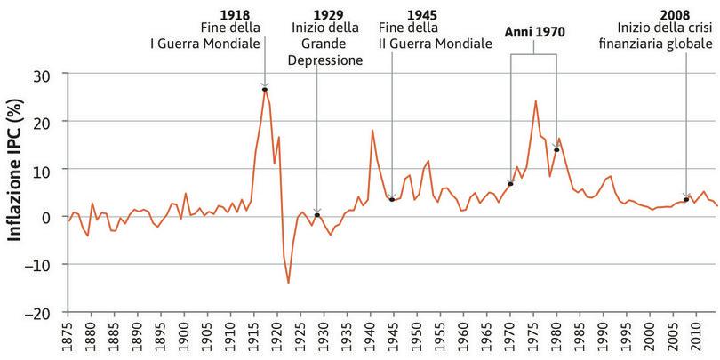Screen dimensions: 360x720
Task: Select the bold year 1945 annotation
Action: pyautogui.click(x=421, y=15)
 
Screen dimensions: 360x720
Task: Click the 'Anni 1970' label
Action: pyautogui.click(x=534, y=31)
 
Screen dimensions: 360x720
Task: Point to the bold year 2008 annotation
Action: pyautogui.click(x=675, y=15)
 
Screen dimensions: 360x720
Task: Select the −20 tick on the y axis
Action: pyautogui.click(x=40, y=313)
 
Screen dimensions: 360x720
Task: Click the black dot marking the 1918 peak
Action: pyautogui.click(x=265, y=89)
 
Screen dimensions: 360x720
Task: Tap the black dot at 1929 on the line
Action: pyautogui.click(x=317, y=215)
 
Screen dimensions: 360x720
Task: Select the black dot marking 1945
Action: pyautogui.click(x=392, y=200)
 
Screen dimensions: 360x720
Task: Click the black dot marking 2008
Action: pyautogui.click(x=686, y=199)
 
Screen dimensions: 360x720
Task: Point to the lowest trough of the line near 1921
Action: pyautogui.click(x=288, y=283)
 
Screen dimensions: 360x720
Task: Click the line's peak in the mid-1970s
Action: pyautogui.click(x=535, y=100)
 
